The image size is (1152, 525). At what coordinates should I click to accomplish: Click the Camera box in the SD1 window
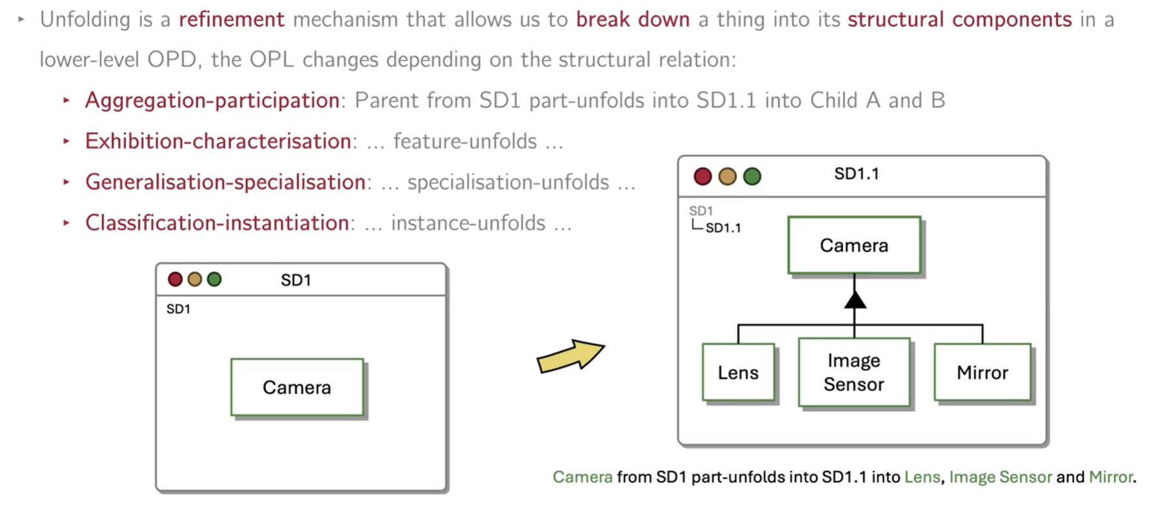pos(297,387)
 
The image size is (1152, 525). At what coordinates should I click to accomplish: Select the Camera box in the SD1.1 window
pos(854,245)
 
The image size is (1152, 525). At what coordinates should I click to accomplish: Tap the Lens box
pos(738,373)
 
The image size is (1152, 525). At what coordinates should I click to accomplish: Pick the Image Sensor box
pos(854,372)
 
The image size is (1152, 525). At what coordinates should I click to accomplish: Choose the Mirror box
pos(982,373)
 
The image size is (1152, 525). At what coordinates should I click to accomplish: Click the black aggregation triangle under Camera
pos(855,300)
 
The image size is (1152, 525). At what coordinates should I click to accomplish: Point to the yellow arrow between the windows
pos(570,356)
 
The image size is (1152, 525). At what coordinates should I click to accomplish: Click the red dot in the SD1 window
pos(175,279)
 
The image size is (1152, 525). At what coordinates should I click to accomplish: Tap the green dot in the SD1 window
pos(214,279)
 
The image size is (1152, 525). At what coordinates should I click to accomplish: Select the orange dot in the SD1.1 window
pos(727,176)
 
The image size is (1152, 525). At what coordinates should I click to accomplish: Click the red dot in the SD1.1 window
pos(702,176)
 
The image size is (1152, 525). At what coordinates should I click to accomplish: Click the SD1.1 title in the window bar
pos(856,174)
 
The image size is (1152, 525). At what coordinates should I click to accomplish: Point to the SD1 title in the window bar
pos(296,280)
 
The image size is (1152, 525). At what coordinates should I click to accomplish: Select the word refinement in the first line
pos(232,19)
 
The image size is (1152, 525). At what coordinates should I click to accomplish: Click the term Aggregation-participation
pos(212,101)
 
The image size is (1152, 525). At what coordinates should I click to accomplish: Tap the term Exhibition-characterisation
pos(218,141)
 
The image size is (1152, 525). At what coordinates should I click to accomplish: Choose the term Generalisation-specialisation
pos(225,182)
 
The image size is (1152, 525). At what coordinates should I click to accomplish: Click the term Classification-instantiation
pos(217,223)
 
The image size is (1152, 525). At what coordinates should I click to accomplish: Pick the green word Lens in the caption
pos(922,477)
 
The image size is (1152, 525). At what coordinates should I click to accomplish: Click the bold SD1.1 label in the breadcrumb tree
pos(723,228)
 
